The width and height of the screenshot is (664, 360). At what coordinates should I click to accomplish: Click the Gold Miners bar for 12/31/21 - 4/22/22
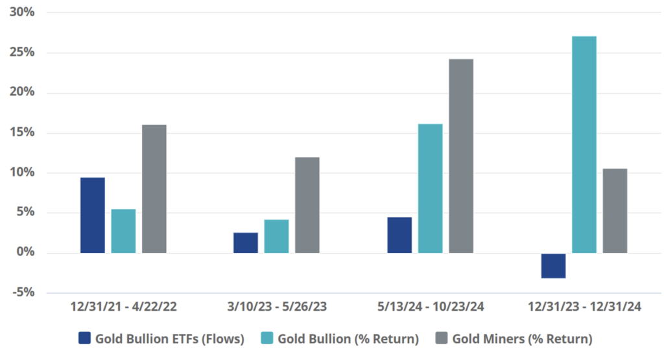click(x=154, y=189)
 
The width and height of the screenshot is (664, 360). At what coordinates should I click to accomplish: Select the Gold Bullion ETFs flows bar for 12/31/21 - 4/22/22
click(x=93, y=215)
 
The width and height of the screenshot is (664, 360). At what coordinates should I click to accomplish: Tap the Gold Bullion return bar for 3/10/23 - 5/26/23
click(x=276, y=236)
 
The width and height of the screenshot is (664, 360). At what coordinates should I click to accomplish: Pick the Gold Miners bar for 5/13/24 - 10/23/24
click(x=461, y=156)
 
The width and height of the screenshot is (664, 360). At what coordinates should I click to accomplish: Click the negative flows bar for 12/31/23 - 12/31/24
click(x=553, y=265)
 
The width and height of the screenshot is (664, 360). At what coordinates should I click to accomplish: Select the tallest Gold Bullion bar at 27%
click(x=584, y=145)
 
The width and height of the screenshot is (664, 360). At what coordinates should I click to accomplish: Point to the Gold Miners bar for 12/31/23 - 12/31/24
click(x=615, y=211)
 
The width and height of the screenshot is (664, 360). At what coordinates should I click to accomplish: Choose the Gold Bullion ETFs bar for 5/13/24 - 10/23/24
click(x=399, y=235)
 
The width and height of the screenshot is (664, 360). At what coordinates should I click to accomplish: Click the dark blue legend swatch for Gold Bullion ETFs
click(x=84, y=338)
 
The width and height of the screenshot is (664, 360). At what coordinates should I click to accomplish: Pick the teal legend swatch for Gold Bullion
click(x=267, y=338)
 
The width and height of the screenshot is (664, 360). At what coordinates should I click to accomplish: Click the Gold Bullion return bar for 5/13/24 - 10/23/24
click(x=431, y=188)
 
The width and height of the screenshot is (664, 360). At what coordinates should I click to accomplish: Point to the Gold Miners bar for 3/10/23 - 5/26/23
click(x=307, y=205)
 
